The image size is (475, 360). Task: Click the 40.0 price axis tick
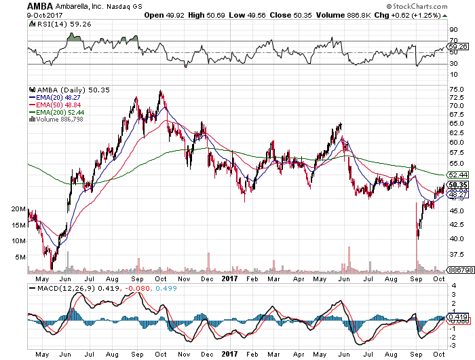[457, 239]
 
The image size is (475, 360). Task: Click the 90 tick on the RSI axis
[453, 29]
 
